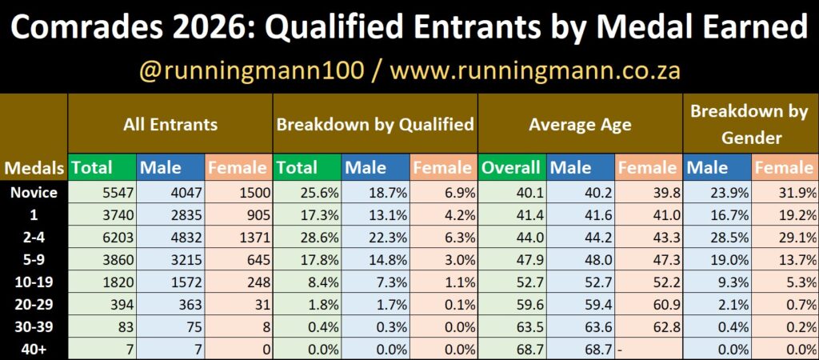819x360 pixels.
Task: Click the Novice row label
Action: point(34,192)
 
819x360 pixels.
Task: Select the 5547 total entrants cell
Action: point(102,192)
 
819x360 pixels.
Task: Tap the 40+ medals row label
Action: point(34,349)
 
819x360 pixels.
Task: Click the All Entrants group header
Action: point(170,125)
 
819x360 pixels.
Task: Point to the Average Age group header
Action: point(580,125)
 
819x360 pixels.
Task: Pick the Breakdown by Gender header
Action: point(749,125)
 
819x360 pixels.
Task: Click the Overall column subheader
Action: point(511,168)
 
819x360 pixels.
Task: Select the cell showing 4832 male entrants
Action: point(170,238)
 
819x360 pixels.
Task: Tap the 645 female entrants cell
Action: point(238,259)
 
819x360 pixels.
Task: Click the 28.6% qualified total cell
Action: point(306,238)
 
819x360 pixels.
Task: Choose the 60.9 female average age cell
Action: point(648,304)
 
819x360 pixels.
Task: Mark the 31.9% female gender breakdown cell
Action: point(785,192)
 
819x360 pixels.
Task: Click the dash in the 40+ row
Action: point(618,349)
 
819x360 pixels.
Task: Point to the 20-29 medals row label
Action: point(34,304)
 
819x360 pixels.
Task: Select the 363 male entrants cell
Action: point(170,304)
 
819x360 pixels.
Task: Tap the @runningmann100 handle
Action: point(250,71)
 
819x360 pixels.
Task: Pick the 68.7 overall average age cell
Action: point(511,349)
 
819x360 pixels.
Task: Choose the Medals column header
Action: point(34,168)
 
